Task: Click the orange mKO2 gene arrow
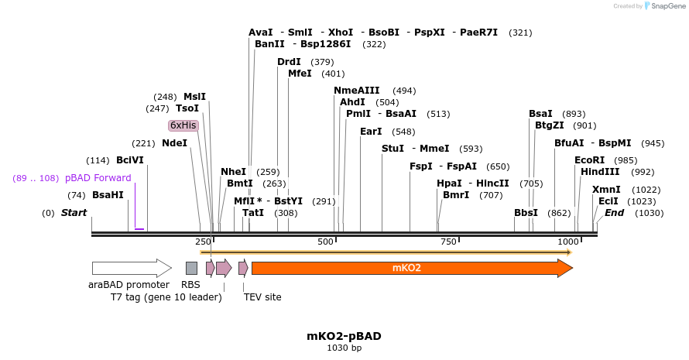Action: click(x=410, y=268)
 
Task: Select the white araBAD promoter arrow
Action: click(x=130, y=268)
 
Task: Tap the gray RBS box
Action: click(x=191, y=268)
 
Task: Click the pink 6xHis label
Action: click(x=183, y=125)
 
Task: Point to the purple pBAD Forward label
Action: click(x=98, y=178)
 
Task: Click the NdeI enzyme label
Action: click(x=174, y=143)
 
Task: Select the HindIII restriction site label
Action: click(x=601, y=172)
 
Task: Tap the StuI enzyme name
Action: click(x=392, y=149)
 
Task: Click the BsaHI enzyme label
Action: click(x=108, y=195)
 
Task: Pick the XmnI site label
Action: click(x=606, y=190)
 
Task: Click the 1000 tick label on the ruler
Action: click(x=567, y=242)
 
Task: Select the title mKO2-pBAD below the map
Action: click(x=344, y=336)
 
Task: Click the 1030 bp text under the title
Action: click(x=344, y=348)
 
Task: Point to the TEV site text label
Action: click(x=262, y=297)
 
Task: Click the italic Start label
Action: click(x=74, y=213)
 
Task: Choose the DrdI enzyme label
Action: click(x=289, y=62)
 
